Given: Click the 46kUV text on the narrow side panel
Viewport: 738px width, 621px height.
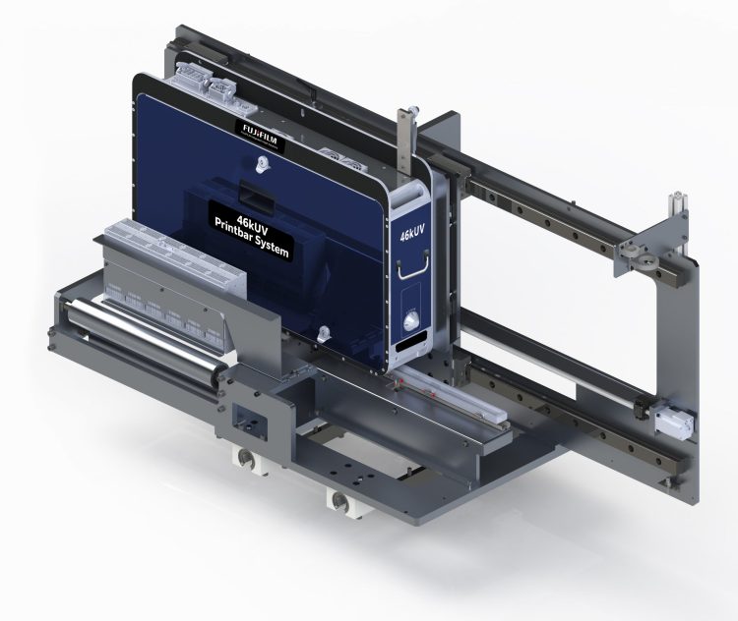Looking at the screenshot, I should point(410,235).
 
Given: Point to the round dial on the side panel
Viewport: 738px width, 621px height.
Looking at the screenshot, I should point(410,320).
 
